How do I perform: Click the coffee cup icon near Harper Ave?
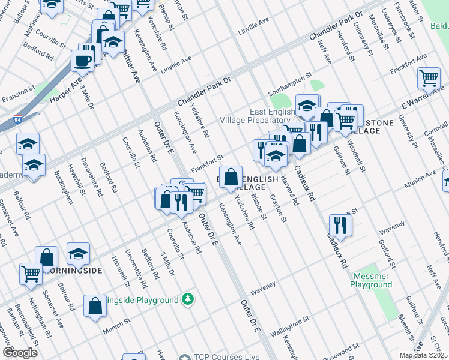[x=83, y=60]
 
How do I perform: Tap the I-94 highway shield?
[x=18, y=119]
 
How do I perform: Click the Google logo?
[x=20, y=352]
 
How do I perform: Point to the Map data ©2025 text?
[x=423, y=355]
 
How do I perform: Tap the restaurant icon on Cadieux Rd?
[x=340, y=225]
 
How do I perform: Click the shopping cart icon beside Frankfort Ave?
[x=429, y=78]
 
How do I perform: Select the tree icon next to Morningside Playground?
[x=188, y=299]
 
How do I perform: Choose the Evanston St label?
[x=18, y=93]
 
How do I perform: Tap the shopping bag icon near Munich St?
[x=95, y=305]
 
